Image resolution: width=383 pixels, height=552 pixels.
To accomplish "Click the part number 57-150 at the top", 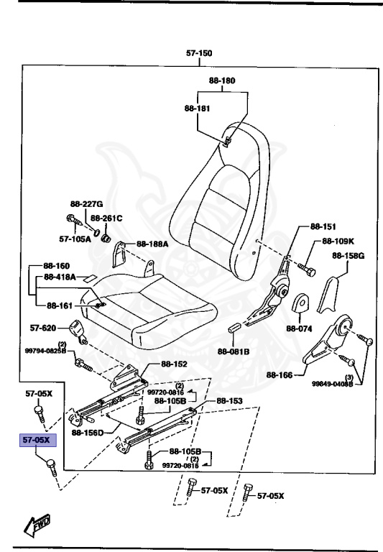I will coord(199,53).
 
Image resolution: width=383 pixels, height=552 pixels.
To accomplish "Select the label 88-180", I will coord(221,81).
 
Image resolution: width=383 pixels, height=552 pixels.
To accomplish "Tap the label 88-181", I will coord(197,109).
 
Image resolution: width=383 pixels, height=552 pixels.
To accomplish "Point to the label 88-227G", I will coord(87,203).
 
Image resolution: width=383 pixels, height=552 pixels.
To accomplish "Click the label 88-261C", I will coord(108,218).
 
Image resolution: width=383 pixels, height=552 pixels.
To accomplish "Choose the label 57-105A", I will coord(75,239).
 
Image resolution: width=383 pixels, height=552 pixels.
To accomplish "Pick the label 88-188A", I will coord(152,244).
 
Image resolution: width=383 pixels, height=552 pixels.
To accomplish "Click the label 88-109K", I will coord(338,241).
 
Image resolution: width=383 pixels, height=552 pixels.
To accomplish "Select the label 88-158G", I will coord(349,256).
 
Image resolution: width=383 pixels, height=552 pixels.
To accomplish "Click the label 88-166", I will coord(280,374).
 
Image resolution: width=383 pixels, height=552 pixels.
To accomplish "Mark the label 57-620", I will coord(43,328).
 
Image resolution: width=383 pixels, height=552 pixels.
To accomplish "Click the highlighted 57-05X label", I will coord(36,439).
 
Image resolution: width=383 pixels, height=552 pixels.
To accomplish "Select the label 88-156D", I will coord(88,433).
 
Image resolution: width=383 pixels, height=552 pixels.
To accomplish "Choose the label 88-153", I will coord(229,400).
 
